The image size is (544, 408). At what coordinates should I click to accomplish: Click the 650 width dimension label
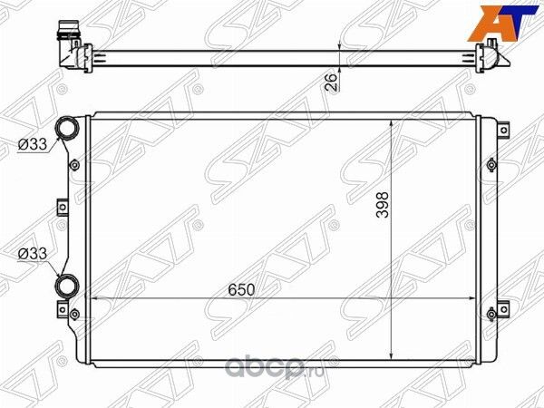click(241, 289)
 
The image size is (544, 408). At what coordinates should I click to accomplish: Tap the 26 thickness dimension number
click(332, 82)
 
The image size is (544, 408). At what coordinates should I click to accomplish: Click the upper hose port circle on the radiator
click(66, 129)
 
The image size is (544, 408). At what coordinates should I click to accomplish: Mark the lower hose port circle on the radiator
click(67, 287)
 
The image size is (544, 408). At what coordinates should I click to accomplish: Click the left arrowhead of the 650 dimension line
click(97, 298)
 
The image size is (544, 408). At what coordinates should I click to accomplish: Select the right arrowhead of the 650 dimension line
click(471, 298)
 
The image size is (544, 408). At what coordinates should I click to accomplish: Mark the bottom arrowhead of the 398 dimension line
click(391, 356)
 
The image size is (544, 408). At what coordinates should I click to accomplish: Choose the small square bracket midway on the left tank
click(63, 207)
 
